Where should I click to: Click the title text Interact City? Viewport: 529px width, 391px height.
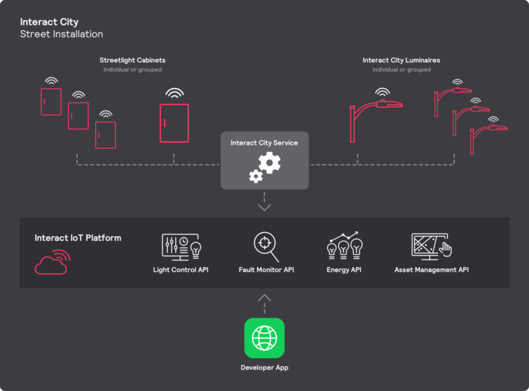point(49,22)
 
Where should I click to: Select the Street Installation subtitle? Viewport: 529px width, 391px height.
point(61,34)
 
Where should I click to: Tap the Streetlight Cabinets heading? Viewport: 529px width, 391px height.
point(132,61)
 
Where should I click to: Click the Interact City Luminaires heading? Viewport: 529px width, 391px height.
point(401,61)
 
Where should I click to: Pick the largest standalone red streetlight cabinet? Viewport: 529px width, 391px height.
point(174,123)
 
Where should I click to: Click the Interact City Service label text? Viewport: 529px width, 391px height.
point(264,143)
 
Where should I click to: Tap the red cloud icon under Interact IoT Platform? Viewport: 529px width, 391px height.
point(52,262)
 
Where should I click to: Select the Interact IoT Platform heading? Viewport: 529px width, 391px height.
point(78,238)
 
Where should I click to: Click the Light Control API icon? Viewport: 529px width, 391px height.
point(180,246)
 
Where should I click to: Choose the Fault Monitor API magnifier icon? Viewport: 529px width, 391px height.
point(266,246)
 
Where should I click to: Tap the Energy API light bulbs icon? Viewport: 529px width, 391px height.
point(344,245)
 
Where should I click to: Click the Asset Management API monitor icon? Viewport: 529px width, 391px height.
point(431,246)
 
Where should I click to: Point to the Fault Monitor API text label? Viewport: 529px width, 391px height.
point(266,270)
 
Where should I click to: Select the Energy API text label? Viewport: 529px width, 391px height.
point(344,270)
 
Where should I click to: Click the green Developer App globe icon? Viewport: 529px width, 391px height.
point(264,337)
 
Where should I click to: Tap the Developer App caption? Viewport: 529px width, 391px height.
point(264,368)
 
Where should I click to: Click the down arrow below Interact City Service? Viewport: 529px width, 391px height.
point(264,207)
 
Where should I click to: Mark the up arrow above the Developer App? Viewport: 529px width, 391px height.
point(264,299)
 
